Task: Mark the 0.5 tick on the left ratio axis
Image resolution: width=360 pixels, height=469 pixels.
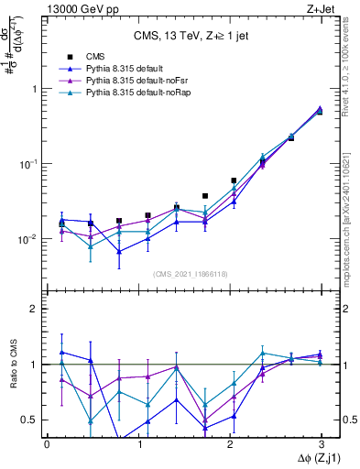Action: point(30,420)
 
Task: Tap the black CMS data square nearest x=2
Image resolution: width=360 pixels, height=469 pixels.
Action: point(235,180)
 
